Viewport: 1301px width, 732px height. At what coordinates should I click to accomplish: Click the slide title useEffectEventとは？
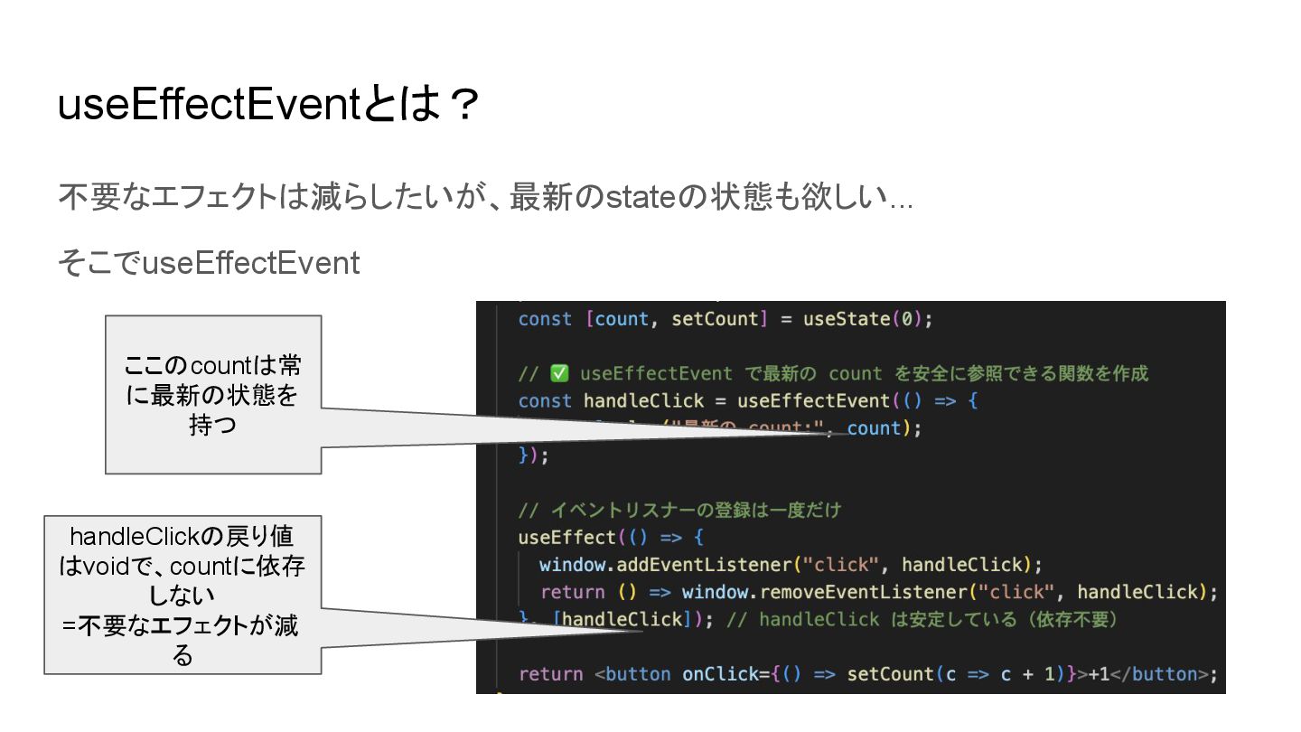pyautogui.click(x=267, y=107)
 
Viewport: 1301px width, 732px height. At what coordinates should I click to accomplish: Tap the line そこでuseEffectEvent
pyautogui.click(x=209, y=263)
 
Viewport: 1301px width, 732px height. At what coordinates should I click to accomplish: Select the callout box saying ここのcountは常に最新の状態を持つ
pyautogui.click(x=213, y=394)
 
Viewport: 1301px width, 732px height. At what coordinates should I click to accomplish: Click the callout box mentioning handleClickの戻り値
pyautogui.click(x=183, y=595)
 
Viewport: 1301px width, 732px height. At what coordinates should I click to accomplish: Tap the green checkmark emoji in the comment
pyautogui.click(x=558, y=373)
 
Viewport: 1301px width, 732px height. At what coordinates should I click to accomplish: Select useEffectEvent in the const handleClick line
pyautogui.click(x=813, y=400)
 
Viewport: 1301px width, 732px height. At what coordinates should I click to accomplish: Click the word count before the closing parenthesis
pyautogui.click(x=874, y=428)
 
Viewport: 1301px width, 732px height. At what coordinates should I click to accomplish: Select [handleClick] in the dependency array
pyautogui.click(x=622, y=619)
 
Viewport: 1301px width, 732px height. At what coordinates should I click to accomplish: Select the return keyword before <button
pyautogui.click(x=550, y=674)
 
